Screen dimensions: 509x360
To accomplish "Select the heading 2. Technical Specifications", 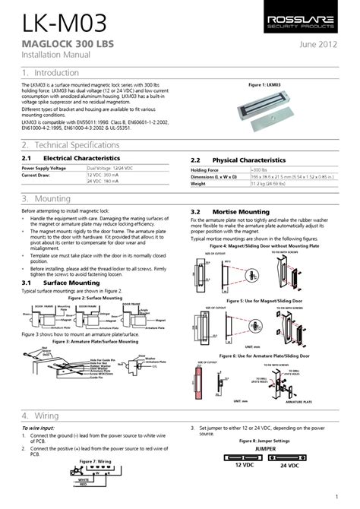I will [76, 144].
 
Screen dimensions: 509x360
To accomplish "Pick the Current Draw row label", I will [36, 175].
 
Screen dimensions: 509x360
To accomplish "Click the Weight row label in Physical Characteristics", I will [198, 184].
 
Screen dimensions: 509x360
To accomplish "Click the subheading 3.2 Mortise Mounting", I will [232, 211].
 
